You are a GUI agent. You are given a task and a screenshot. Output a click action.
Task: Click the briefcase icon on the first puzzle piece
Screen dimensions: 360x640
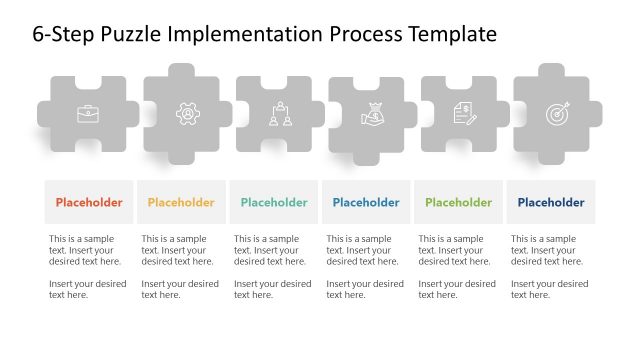(87, 114)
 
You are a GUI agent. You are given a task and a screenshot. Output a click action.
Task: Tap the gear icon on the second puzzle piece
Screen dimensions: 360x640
(187, 114)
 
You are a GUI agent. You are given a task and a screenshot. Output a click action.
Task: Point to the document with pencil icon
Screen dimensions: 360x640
(464, 114)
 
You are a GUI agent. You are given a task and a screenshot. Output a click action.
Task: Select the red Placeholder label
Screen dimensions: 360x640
(89, 202)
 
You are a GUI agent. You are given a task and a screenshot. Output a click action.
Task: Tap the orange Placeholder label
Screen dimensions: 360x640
(181, 202)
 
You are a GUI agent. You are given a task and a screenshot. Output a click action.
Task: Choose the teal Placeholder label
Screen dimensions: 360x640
(274, 202)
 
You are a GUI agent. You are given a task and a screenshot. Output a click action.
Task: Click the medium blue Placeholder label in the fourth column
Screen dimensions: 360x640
(366, 202)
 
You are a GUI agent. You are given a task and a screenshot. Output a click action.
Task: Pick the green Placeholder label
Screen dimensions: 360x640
(458, 202)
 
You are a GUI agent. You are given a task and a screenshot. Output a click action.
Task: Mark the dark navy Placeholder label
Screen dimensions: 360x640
(551, 202)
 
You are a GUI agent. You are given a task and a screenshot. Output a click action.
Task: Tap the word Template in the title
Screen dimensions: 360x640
(451, 34)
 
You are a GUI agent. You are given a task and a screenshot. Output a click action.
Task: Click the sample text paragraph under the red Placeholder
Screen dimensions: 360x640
(86, 250)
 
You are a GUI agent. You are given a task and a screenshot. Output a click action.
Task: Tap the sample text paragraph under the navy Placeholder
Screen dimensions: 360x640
(548, 250)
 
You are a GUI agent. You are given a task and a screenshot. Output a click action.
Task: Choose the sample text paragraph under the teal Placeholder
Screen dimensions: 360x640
(271, 250)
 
